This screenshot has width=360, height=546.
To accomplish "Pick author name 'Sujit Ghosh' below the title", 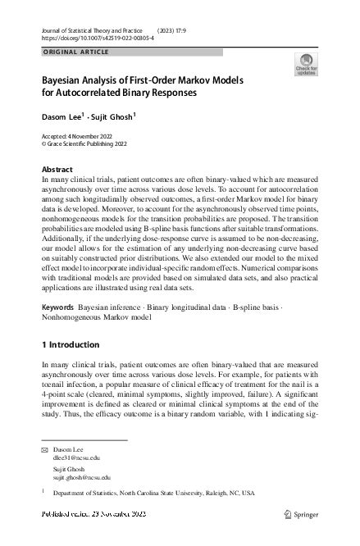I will pos(114,117).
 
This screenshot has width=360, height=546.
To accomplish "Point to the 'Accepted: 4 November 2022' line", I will pos(81,134).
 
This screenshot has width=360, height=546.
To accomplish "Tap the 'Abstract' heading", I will pos(57,169).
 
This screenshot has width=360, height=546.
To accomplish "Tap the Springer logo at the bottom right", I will pos(302,514).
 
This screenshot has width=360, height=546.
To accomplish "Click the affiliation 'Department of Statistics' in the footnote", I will pos(89,494).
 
